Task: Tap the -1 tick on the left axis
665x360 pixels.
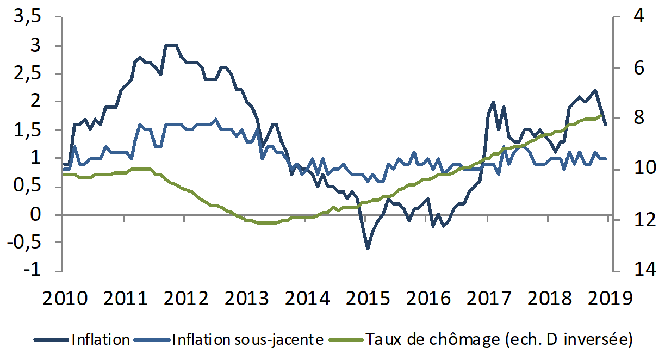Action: pyautogui.click(x=34, y=271)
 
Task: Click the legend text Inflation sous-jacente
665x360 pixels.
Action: pyautogui.click(x=248, y=340)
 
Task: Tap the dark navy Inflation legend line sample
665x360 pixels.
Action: pyautogui.click(x=52, y=340)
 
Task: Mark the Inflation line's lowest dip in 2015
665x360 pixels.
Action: pyautogui.click(x=368, y=249)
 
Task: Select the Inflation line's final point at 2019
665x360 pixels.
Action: pyautogui.click(x=605, y=125)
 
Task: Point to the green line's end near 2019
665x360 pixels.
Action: pyautogui.click(x=601, y=115)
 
